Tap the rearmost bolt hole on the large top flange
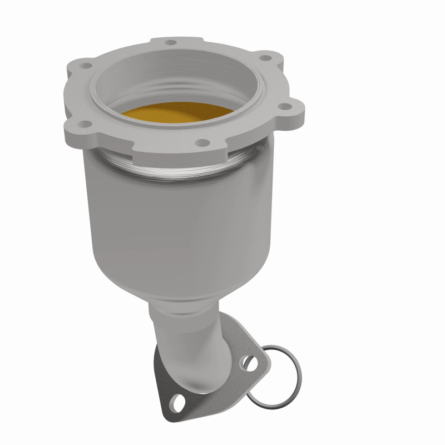point(171,42)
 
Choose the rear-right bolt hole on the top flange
point(266,56)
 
